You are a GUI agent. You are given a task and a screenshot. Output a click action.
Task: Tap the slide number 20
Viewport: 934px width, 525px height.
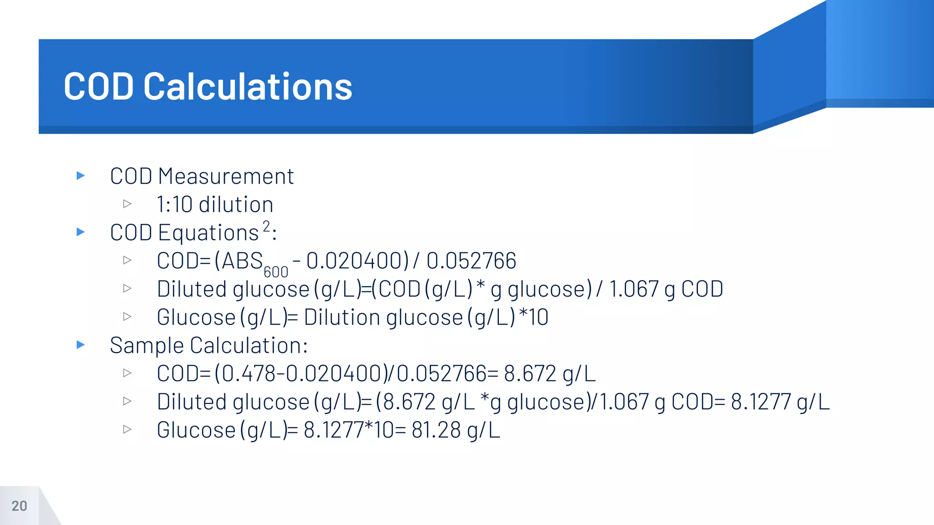click(x=19, y=506)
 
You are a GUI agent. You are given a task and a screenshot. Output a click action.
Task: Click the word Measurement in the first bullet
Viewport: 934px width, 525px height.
click(x=226, y=176)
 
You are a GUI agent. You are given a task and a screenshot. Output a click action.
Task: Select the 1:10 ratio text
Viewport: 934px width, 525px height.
click(x=175, y=205)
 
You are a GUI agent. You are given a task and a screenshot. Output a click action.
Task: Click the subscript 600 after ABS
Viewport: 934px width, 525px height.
click(x=276, y=272)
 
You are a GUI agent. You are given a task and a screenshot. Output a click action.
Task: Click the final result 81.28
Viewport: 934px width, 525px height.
click(x=436, y=430)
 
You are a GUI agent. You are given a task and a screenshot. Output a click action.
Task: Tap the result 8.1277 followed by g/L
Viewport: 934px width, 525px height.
click(x=761, y=402)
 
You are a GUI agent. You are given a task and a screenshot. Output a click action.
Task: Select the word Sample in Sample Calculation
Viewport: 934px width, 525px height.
click(x=147, y=345)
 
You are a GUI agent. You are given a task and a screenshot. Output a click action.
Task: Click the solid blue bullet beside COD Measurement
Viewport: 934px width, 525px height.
click(x=81, y=175)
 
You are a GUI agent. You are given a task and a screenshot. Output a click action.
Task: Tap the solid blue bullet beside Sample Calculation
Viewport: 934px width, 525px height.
click(x=81, y=345)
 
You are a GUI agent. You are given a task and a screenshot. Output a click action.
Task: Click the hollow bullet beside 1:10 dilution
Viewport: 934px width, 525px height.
click(x=127, y=204)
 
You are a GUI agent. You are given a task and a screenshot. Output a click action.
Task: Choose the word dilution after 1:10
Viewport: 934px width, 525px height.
click(x=236, y=205)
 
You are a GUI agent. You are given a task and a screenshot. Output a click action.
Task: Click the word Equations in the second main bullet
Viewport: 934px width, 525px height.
click(x=208, y=233)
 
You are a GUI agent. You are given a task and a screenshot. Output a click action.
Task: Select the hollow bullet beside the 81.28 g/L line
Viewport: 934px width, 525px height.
click(x=127, y=429)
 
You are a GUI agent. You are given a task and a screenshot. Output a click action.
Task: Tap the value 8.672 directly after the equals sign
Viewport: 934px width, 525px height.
click(x=530, y=374)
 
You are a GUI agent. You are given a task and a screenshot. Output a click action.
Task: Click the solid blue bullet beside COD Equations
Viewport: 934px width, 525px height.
click(x=81, y=232)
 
